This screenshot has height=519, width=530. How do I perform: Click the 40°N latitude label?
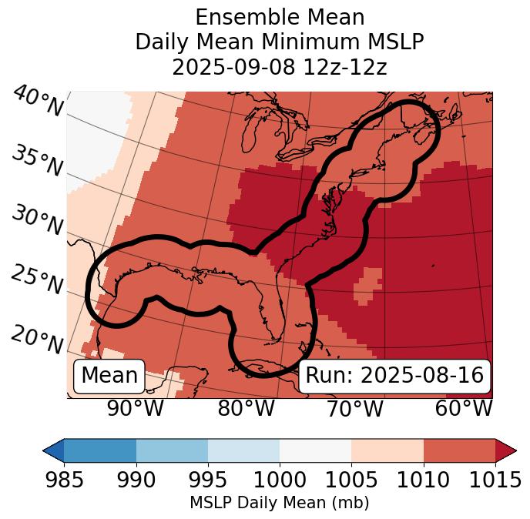click(x=37, y=102)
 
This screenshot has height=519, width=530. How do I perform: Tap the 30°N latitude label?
click(x=37, y=220)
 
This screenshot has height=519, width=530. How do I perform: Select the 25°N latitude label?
click(x=37, y=280)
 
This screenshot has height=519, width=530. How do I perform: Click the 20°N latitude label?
click(x=37, y=339)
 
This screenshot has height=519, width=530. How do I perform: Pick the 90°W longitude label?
click(x=136, y=409)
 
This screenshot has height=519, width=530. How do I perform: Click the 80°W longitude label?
click(x=246, y=409)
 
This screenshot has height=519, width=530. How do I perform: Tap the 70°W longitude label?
click(x=354, y=409)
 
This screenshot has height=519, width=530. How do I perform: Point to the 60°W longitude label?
click(x=464, y=409)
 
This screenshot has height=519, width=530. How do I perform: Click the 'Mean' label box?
click(x=109, y=376)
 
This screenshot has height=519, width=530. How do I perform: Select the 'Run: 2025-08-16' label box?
click(x=394, y=376)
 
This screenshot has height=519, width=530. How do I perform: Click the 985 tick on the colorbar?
click(x=64, y=480)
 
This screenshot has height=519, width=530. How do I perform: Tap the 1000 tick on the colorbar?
click(x=280, y=480)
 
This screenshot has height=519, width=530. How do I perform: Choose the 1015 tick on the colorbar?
click(x=495, y=480)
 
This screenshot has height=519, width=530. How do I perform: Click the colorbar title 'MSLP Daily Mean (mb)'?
click(x=279, y=504)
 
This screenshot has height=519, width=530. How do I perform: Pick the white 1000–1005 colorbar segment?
click(x=315, y=450)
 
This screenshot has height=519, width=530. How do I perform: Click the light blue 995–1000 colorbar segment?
click(x=243, y=450)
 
